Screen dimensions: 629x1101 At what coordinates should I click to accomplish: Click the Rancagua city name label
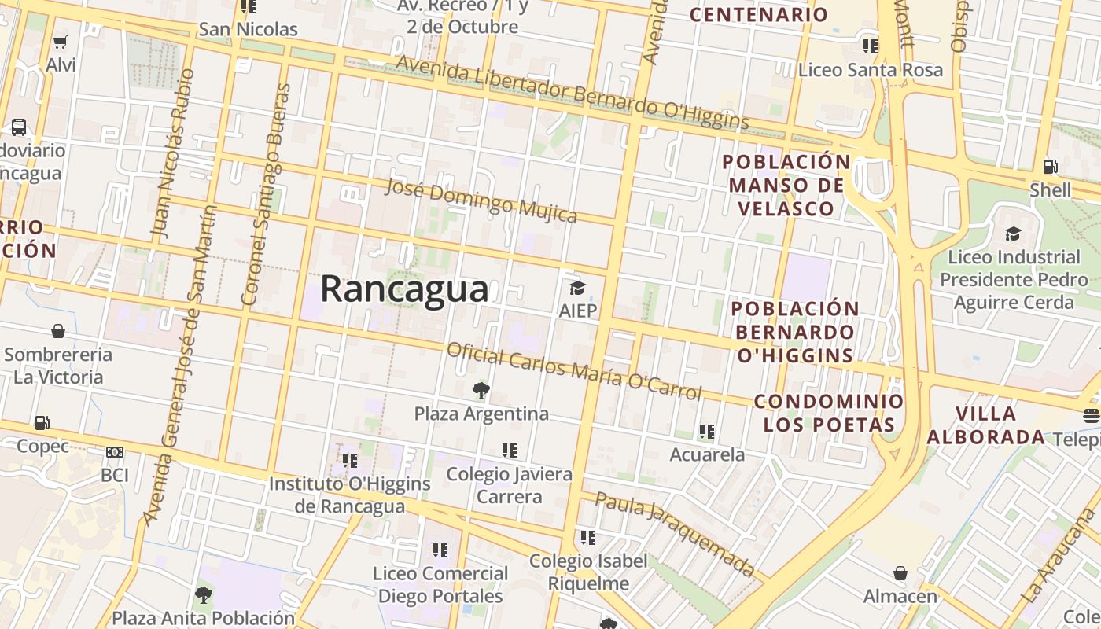404,289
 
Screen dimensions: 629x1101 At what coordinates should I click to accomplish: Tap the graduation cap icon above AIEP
578,288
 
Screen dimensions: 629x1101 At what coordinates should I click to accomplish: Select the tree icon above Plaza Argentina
481,391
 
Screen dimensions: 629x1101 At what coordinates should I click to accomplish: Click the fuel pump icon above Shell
1050,167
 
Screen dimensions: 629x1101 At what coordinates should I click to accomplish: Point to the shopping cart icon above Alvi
61,42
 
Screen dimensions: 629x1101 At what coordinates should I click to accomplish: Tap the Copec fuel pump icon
42,424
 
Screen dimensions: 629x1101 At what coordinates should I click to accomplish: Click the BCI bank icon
115,452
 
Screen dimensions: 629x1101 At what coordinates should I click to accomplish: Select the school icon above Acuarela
706,432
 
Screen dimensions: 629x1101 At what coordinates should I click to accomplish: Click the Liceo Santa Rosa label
870,70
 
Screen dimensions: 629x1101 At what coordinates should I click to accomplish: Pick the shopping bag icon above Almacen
900,573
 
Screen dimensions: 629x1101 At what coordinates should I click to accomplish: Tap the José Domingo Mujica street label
481,200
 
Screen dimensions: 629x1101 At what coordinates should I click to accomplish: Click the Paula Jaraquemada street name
675,533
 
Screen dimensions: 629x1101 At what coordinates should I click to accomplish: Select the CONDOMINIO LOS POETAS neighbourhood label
829,414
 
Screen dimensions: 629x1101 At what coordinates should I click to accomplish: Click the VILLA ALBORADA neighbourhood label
986,425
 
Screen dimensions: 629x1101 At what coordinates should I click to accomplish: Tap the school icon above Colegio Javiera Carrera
510,451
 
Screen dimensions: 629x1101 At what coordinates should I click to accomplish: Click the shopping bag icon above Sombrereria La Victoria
57,331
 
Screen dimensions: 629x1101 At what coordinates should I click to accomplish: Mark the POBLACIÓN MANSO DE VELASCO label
786,186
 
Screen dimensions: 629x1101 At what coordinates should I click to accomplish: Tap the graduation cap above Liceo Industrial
1013,234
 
